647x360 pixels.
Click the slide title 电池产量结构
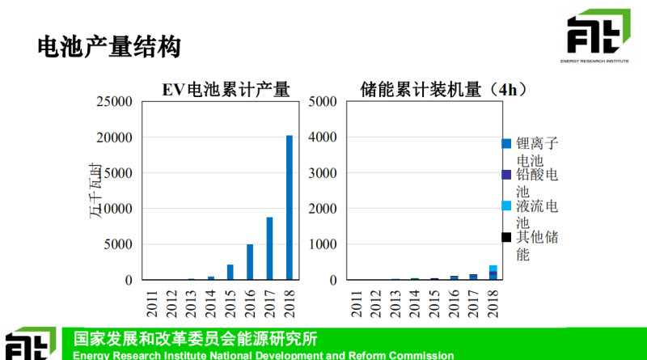click(x=108, y=47)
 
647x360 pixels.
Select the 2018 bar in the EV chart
click(x=290, y=208)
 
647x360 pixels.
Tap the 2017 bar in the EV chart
click(x=270, y=248)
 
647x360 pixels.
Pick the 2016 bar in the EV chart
click(x=250, y=262)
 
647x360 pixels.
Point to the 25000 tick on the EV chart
click(x=114, y=102)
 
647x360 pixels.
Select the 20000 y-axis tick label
click(x=114, y=138)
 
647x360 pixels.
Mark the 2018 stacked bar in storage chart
click(x=493, y=273)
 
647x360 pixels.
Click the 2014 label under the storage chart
click(x=415, y=299)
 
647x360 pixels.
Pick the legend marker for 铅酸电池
click(x=506, y=175)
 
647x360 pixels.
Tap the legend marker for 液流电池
click(x=506, y=206)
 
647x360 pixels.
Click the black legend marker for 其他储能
click(x=506, y=237)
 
